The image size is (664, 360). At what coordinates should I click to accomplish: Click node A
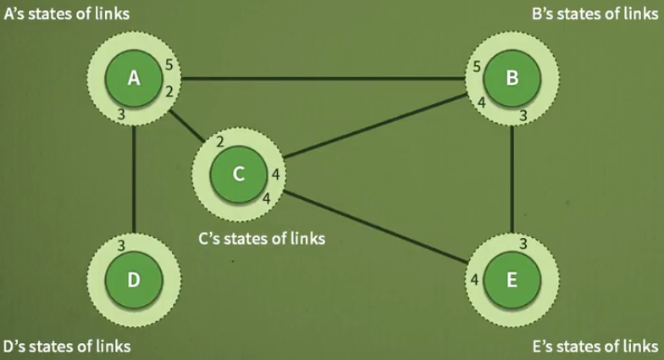(133, 79)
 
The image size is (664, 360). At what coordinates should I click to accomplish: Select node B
(512, 79)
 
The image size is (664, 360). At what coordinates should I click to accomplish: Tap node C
(239, 174)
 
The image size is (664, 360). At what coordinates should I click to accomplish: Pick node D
(133, 280)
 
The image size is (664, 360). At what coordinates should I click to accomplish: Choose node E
(512, 280)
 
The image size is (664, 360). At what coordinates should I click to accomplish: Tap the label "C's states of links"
(262, 239)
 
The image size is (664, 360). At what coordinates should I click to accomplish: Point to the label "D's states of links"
(67, 346)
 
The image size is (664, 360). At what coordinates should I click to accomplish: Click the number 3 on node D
(122, 246)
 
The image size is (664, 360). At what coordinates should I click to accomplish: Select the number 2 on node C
(220, 141)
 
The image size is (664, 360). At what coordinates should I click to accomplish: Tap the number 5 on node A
(169, 65)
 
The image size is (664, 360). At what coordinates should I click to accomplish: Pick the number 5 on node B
(477, 66)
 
